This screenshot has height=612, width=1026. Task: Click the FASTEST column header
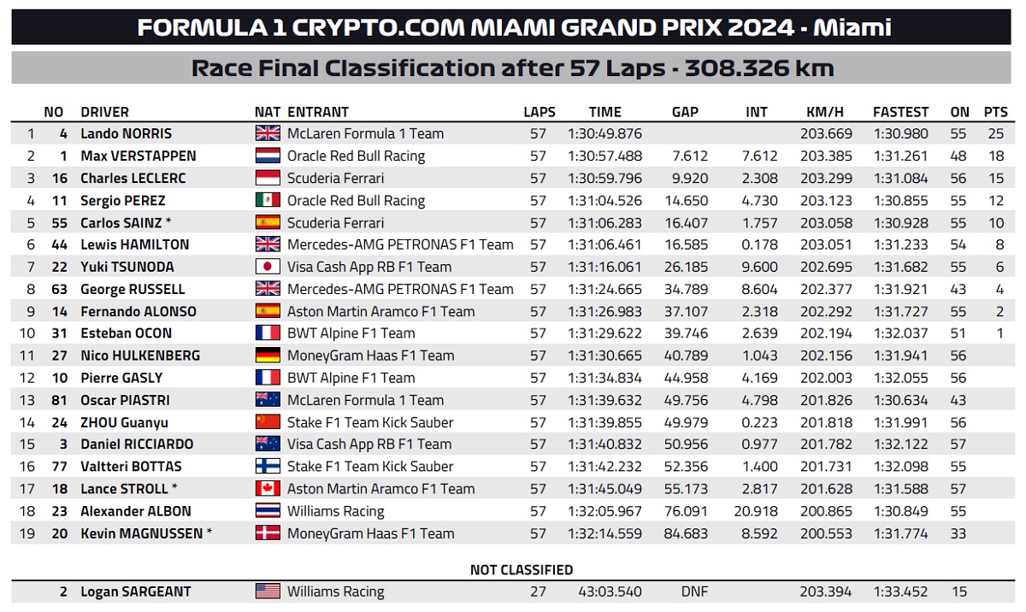[x=900, y=112]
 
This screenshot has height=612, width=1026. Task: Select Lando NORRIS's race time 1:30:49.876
[x=604, y=133]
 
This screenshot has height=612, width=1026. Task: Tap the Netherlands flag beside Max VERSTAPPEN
[x=268, y=156]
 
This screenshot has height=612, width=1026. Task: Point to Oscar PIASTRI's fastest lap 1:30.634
[x=900, y=400]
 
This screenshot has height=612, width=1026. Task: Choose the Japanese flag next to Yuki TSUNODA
[x=268, y=267]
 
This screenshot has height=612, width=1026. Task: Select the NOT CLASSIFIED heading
[x=522, y=570]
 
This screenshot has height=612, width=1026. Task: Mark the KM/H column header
[x=825, y=112]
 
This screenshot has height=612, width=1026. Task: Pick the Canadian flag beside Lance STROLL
[x=268, y=489]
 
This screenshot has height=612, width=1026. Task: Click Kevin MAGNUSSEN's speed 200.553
[x=825, y=533]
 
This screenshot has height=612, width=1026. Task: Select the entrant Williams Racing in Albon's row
[x=335, y=511]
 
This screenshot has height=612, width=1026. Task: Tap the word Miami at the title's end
[x=853, y=27]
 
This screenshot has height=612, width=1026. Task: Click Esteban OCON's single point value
[x=999, y=333]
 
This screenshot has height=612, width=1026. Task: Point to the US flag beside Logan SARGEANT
[x=268, y=591]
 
